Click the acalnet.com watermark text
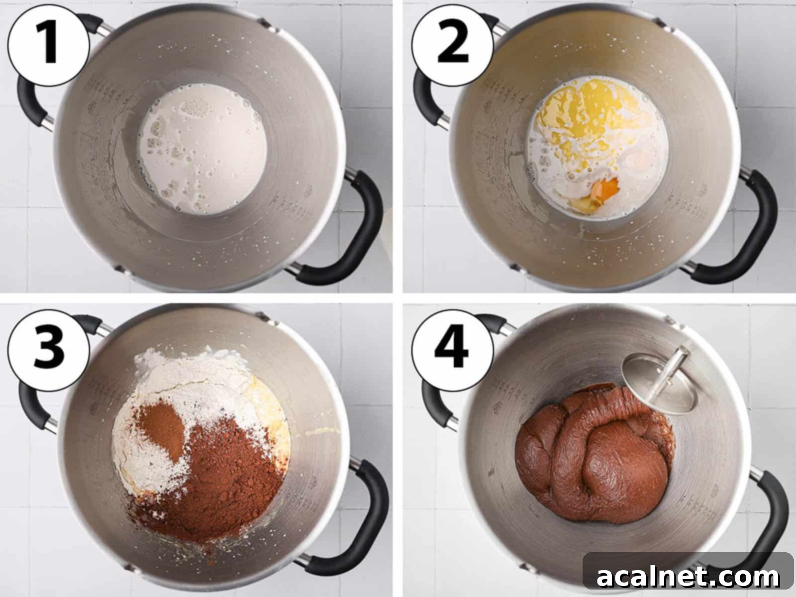[x=688, y=577]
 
